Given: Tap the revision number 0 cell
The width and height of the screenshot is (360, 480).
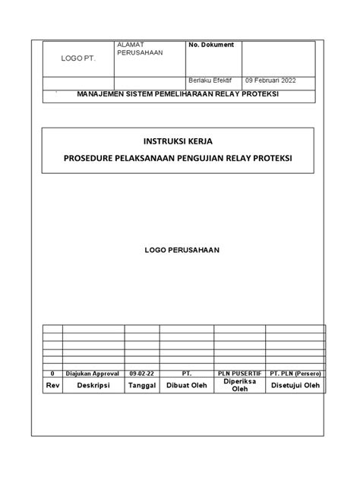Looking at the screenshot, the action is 52,374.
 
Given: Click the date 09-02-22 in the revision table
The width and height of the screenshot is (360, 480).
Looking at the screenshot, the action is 141,374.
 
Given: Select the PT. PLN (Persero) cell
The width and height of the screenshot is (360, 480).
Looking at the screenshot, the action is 296,374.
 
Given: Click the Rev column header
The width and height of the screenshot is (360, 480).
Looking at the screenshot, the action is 52,386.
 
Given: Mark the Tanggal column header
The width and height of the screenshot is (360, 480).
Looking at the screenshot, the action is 141,386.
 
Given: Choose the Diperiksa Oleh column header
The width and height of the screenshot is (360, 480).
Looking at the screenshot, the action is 240,386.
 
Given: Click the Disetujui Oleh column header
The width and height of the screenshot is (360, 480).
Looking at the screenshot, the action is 296,386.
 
